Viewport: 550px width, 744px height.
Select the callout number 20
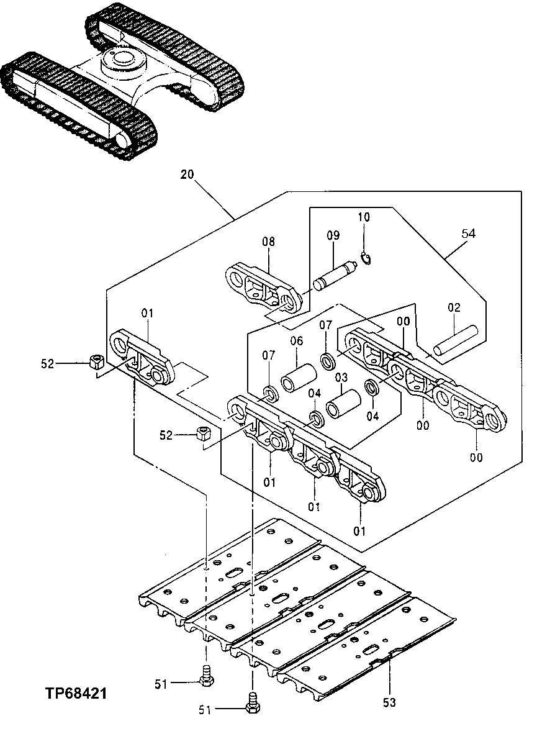point(187,175)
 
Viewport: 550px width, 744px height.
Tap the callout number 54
point(469,234)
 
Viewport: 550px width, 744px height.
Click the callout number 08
point(268,242)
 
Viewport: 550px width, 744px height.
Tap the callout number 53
point(389,702)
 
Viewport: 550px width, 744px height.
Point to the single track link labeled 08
point(261,287)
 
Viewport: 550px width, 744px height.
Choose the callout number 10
point(363,217)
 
